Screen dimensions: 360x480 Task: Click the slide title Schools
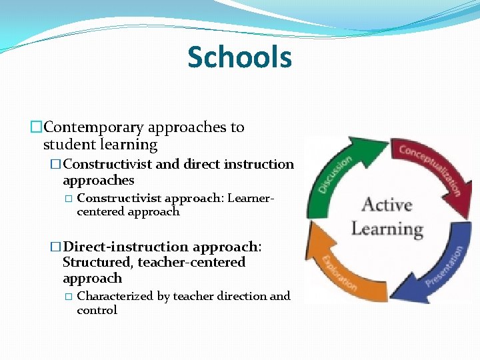tap(239, 57)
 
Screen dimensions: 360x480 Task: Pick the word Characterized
tap(115, 296)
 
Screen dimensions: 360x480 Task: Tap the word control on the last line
tap(97, 310)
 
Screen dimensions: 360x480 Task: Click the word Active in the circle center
tap(387, 205)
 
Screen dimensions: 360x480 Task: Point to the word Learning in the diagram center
tap(387, 229)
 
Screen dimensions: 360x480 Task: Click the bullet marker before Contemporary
tap(36, 127)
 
